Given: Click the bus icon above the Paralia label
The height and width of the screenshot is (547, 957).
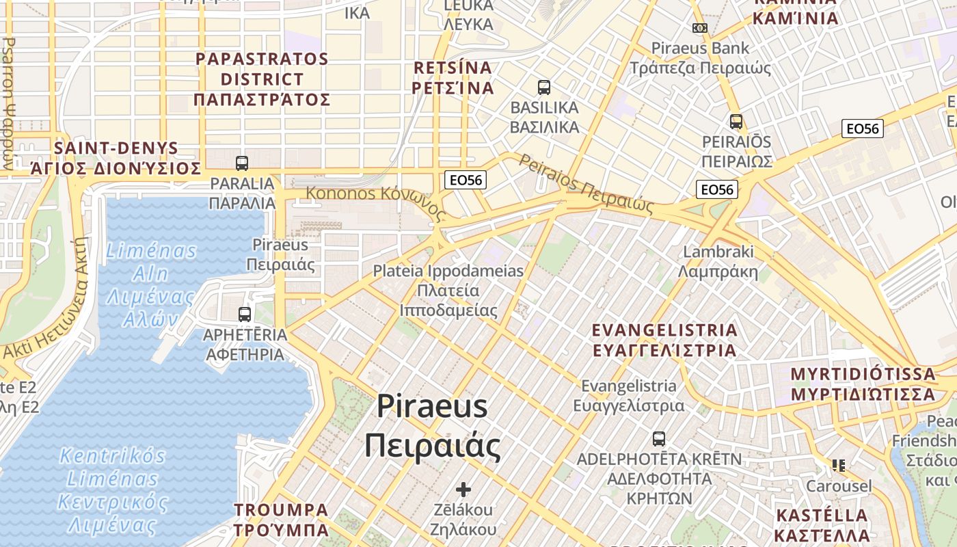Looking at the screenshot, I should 242,163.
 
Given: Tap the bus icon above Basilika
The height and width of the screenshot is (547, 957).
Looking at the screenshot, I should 544,88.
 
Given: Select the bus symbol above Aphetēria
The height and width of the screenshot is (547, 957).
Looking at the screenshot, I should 245,315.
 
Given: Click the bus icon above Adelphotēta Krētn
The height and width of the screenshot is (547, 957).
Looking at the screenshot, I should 659,439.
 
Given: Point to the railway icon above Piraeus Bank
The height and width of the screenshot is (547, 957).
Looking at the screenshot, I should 699,28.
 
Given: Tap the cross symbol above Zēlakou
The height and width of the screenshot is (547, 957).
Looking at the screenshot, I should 463,490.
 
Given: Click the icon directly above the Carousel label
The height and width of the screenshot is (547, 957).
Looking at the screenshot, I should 839,466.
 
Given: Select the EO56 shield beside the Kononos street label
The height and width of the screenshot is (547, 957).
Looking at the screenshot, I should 466,180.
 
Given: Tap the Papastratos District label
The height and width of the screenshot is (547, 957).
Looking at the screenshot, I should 262,79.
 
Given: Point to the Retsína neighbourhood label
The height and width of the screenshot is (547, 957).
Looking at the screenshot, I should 454,78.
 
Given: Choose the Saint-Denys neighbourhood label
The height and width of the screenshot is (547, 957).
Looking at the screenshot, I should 116,158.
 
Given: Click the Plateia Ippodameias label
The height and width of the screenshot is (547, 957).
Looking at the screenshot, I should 448,290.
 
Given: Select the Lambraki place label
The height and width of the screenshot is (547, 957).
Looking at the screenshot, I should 718,262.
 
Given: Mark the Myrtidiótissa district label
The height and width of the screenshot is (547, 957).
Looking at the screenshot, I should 863,384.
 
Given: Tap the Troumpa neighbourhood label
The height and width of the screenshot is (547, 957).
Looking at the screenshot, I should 281,520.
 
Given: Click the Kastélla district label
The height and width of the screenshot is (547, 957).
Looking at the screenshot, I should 822,525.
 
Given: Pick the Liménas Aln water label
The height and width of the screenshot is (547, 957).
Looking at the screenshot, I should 151,285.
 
